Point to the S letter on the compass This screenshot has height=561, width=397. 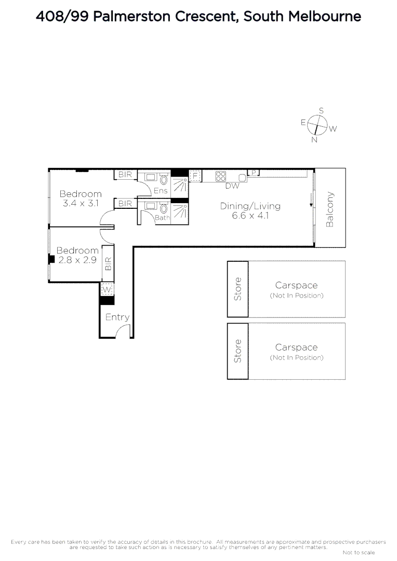pyautogui.click(x=321, y=111)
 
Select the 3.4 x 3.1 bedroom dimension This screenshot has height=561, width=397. pyautogui.click(x=80, y=204)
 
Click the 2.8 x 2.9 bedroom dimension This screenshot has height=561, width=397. pyautogui.click(x=77, y=260)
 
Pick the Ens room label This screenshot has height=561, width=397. pyautogui.click(x=161, y=191)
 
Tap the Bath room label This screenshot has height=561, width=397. pyautogui.click(x=162, y=218)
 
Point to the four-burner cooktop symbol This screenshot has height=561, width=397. pyautogui.click(x=221, y=176)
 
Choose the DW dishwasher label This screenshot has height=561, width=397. pyautogui.click(x=232, y=186)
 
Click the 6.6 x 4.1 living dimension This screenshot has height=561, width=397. pyautogui.click(x=250, y=215)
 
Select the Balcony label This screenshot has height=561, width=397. pyautogui.click(x=329, y=210)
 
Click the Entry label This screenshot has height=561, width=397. pyautogui.click(x=117, y=317)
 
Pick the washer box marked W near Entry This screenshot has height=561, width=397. pyautogui.click(x=107, y=289)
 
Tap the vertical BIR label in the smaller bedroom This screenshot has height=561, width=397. pyautogui.click(x=108, y=264)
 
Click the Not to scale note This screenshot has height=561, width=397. pyautogui.click(x=359, y=552)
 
